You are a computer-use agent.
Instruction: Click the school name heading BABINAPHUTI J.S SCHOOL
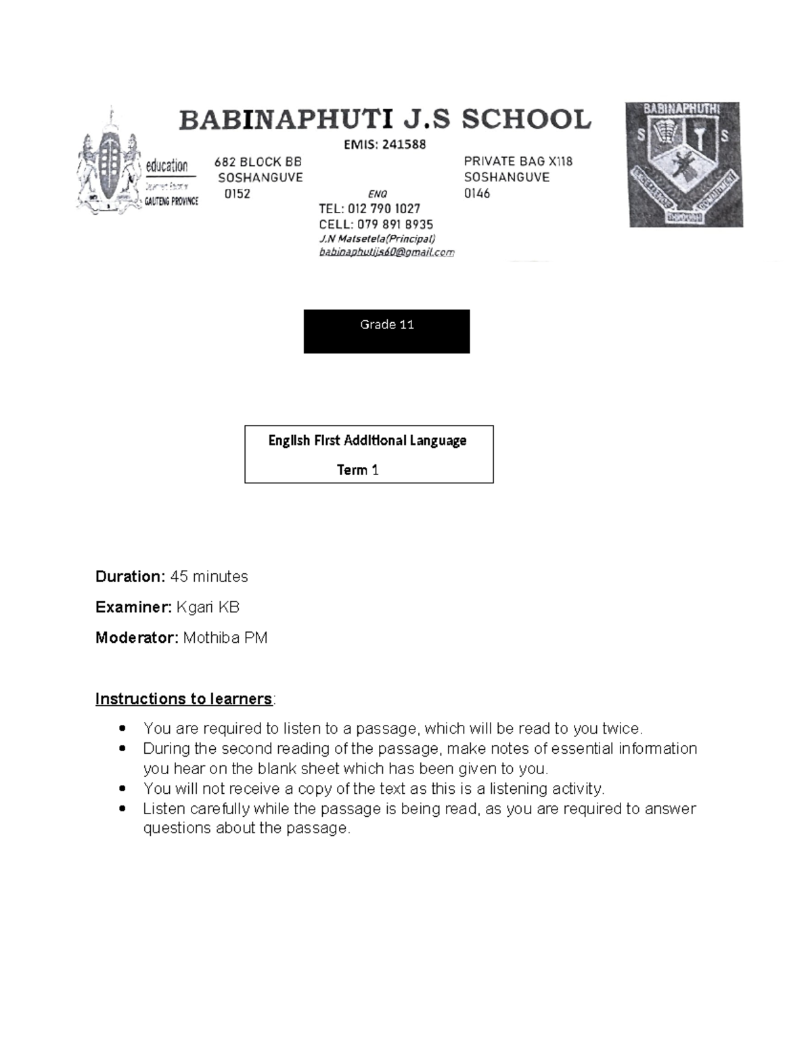[x=385, y=120]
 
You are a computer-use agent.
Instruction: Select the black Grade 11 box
[x=386, y=331]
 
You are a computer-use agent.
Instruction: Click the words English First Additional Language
[x=367, y=441]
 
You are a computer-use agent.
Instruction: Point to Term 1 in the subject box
[x=357, y=470]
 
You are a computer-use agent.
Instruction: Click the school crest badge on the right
[x=683, y=164]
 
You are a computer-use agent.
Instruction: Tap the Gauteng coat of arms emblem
[x=108, y=162]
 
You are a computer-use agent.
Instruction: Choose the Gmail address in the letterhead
[x=386, y=252]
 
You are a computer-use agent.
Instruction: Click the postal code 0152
[x=237, y=194]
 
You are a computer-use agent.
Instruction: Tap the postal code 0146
[x=477, y=194]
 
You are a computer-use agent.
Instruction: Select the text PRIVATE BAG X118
[x=518, y=161]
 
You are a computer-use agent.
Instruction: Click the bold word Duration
[x=129, y=577]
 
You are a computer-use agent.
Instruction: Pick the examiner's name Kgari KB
[x=208, y=607]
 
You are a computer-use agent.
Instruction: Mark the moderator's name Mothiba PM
[x=225, y=638]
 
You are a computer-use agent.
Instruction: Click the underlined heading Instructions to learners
[x=183, y=698]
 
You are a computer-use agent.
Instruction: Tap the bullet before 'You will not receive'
[x=122, y=789]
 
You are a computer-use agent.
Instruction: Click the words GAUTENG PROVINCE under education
[x=171, y=201]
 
